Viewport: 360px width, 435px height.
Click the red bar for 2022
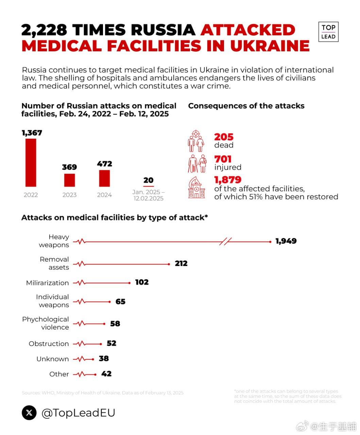tap(31, 162)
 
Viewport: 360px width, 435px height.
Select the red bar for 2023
tap(69, 180)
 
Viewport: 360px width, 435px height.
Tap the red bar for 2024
tap(104, 178)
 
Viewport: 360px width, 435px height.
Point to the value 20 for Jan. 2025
tap(148, 180)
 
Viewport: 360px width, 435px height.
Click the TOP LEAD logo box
tap(328, 32)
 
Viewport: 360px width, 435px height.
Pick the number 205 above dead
tap(224, 137)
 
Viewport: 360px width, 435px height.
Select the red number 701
tap(223, 159)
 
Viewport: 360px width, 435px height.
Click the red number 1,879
tap(228, 180)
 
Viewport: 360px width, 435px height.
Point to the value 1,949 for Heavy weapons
tap(286, 241)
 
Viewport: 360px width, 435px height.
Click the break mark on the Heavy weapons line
tap(225, 242)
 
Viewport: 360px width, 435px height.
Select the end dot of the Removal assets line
tap(169, 264)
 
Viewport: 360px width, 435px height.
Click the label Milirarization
tap(47, 283)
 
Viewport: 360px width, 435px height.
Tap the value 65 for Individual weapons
tap(120, 302)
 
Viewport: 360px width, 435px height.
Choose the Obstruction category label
tap(49, 344)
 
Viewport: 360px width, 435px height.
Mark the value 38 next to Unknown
tap(104, 359)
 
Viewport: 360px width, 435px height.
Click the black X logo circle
tap(29, 413)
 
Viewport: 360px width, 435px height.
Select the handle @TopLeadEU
tap(78, 413)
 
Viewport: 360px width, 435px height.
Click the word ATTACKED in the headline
tap(248, 30)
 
